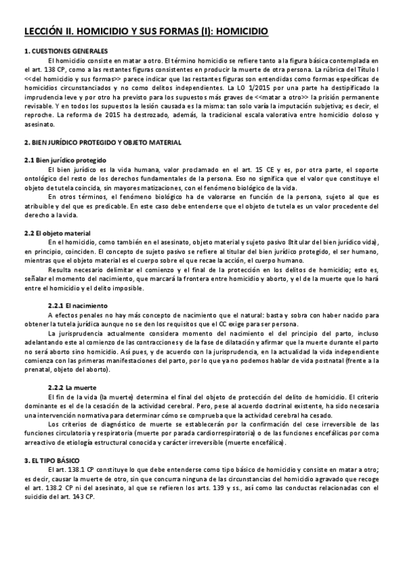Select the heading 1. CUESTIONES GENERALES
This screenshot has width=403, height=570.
tap(61, 51)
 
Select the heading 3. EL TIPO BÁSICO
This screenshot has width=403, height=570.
tap(50, 459)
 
